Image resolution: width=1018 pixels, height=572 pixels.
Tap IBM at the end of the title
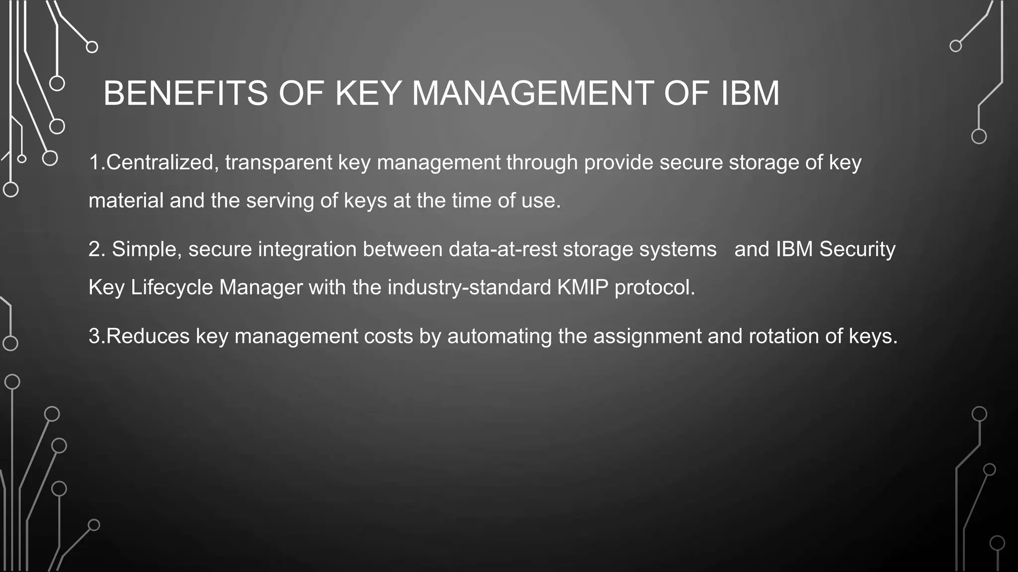point(750,93)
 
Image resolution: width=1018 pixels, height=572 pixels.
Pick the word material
point(126,201)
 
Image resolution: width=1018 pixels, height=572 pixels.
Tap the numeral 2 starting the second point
point(94,249)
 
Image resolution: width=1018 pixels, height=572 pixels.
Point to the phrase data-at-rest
point(503,249)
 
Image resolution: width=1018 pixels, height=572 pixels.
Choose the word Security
point(857,249)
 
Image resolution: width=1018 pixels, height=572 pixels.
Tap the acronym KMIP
point(583,287)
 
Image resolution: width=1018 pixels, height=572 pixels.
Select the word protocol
point(654,287)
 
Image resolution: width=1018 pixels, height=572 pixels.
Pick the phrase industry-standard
point(469,287)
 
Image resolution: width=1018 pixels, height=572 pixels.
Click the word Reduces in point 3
point(148,336)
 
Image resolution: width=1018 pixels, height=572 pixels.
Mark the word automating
point(500,336)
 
